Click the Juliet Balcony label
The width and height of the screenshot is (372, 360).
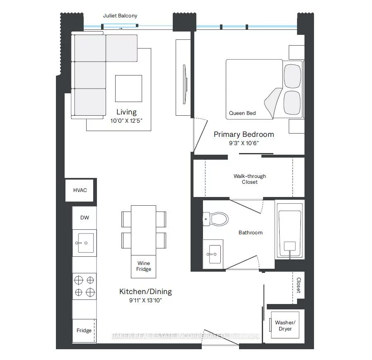pyautogui.click(x=120, y=16)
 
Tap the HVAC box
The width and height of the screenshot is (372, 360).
pyautogui.click(x=80, y=190)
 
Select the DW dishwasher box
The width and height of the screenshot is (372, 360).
pyautogui.click(x=85, y=218)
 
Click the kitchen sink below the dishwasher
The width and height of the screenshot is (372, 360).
pyautogui.click(x=85, y=243)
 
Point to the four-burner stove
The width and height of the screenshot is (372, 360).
pyautogui.click(x=85, y=286)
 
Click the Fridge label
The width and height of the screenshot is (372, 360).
pyautogui.click(x=84, y=331)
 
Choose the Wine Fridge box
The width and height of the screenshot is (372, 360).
pyautogui.click(x=144, y=266)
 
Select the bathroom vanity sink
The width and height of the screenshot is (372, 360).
pyautogui.click(x=214, y=253)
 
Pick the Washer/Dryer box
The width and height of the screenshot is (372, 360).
pyautogui.click(x=285, y=326)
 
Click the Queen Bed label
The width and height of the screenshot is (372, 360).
pyautogui.click(x=242, y=113)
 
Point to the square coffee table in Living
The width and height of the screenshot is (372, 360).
pyautogui.click(x=128, y=88)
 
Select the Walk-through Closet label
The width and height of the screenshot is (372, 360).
pyautogui.click(x=250, y=179)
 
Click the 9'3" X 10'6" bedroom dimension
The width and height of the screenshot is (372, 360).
pyautogui.click(x=244, y=143)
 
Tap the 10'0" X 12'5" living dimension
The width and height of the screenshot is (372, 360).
pyautogui.click(x=126, y=121)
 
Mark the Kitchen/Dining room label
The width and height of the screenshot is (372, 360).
pyautogui.click(x=145, y=292)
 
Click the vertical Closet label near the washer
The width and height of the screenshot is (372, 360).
pyautogui.click(x=298, y=285)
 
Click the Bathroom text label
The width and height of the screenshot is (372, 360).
pyautogui.click(x=251, y=233)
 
